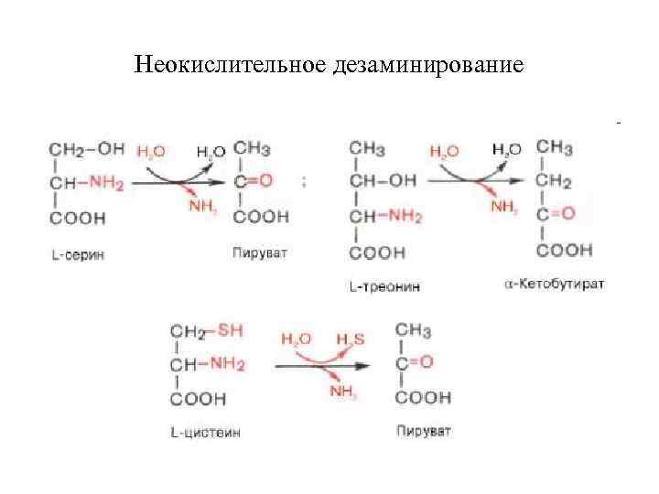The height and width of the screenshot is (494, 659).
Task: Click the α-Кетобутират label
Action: point(554,285)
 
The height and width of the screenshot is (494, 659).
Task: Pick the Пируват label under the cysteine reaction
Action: point(424,432)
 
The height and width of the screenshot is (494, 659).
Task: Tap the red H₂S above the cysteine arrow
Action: point(350,339)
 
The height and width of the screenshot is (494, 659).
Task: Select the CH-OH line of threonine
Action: point(382,181)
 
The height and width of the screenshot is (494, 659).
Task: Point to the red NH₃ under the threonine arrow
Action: point(504,207)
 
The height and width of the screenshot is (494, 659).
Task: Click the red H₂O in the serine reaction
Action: point(150,150)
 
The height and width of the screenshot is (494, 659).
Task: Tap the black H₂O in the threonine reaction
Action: point(506,149)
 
